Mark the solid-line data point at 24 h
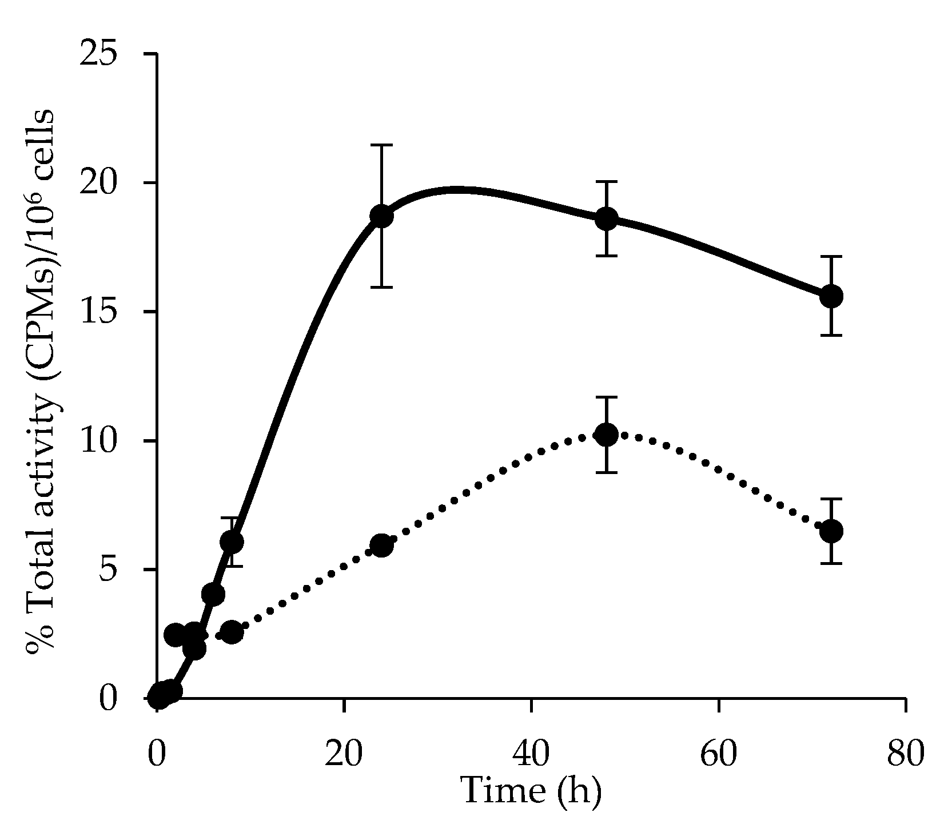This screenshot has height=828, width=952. point(381,216)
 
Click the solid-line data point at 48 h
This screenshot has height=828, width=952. point(606,218)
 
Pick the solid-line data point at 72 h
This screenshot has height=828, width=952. point(831,296)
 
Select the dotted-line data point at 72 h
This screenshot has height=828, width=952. point(831,531)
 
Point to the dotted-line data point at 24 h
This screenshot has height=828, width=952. point(381,545)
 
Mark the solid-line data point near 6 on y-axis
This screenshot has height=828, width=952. point(231,541)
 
